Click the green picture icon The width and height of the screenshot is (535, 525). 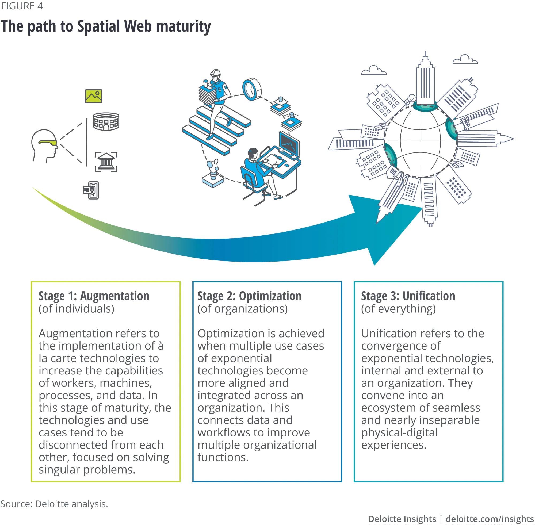click(x=93, y=96)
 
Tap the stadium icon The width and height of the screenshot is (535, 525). click(x=106, y=121)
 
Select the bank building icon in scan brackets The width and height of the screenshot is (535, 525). click(x=106, y=162)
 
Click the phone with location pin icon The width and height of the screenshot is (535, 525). click(x=91, y=190)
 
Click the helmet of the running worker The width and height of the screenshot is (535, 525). click(x=215, y=73)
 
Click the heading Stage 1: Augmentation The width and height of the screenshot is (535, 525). click(x=94, y=296)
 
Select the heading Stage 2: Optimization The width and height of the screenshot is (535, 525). click(x=249, y=296)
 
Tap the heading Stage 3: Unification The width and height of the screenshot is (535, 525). click(x=408, y=296)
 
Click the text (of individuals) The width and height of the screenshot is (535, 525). click(x=77, y=309)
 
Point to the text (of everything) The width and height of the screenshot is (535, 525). click(x=398, y=309)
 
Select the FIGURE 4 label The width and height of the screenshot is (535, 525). click(x=22, y=6)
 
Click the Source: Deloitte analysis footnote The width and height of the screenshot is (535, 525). click(x=54, y=504)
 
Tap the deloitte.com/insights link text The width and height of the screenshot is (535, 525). click(x=490, y=519)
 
